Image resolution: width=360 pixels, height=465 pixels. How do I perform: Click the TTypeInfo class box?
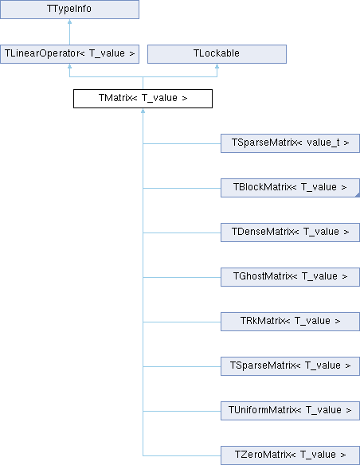69,10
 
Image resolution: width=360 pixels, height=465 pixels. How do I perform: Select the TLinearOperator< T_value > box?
69,53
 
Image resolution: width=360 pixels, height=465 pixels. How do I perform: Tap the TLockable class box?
217,53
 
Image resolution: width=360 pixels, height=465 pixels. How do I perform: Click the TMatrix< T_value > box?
143,99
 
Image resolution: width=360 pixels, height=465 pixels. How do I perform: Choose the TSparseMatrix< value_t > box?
291,143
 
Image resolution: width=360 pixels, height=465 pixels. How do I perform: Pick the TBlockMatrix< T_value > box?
291,188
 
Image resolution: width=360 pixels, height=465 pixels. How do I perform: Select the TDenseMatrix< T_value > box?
291,232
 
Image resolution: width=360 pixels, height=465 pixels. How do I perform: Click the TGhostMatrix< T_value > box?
291,277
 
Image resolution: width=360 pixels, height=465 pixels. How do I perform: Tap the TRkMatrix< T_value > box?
291,322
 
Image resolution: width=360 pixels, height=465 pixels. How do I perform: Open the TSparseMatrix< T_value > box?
291,366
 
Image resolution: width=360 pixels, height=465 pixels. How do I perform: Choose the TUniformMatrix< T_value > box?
291,411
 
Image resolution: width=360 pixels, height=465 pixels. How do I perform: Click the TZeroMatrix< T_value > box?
291,455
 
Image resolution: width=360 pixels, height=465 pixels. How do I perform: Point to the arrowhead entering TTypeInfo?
69,21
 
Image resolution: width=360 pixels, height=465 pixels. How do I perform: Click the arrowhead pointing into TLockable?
217,66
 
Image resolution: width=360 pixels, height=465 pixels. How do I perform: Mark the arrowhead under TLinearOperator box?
69,66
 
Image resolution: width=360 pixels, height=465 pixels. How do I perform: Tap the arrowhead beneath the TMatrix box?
143,111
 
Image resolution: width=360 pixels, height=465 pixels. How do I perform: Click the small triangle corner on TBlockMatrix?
358,195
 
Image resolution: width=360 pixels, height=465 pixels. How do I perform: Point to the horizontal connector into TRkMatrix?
182,322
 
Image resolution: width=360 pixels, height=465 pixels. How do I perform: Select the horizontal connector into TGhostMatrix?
182,277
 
